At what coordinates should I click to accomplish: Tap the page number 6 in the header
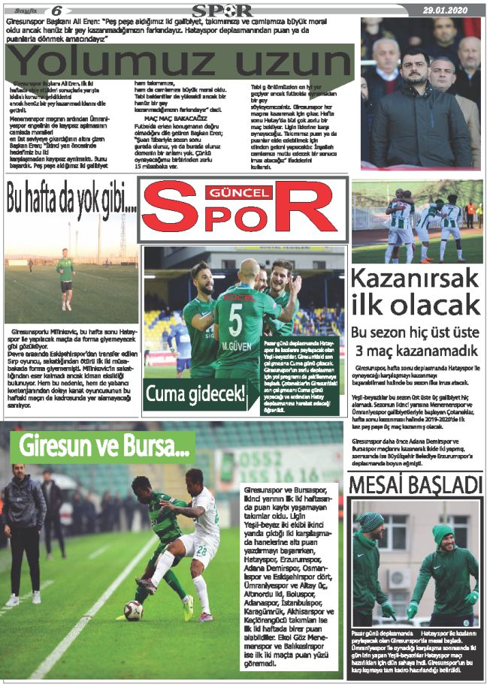coord(57,10)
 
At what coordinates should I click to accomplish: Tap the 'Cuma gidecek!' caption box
coord(195,393)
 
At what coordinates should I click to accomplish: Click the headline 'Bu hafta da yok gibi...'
coord(71,200)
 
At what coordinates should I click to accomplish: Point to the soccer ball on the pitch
coord(134,610)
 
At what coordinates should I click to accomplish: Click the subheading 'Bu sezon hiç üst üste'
coord(415,333)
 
